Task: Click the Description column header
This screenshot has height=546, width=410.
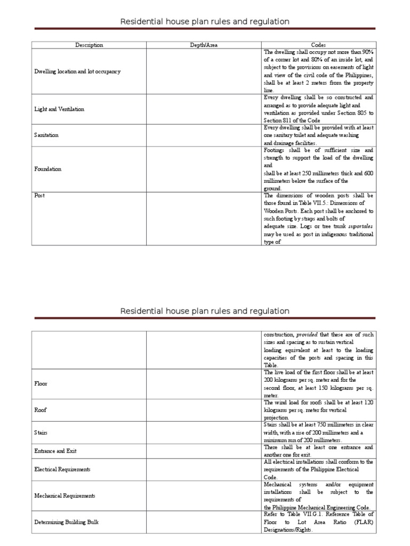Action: coord(89,45)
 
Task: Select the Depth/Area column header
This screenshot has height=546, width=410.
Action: coord(204,45)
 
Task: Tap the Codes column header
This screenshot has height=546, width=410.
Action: coord(319,45)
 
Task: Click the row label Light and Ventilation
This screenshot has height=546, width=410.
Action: coord(59,109)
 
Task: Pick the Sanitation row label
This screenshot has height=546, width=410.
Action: coord(46,135)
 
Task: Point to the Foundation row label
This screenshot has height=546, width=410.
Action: coord(48,169)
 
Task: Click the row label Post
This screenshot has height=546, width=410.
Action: coord(40,196)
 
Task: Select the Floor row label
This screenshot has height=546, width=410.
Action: coord(41,383)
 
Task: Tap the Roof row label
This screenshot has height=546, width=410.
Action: coord(41,410)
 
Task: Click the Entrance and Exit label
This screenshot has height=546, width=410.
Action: coord(56,451)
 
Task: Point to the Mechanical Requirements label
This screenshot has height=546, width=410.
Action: coord(65,496)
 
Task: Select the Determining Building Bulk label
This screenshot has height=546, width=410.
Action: coord(67,523)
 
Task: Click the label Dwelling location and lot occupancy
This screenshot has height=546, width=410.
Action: coord(77,71)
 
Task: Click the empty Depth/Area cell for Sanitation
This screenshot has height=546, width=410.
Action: coord(204,135)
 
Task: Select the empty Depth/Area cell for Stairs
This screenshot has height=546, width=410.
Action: coord(204,433)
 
